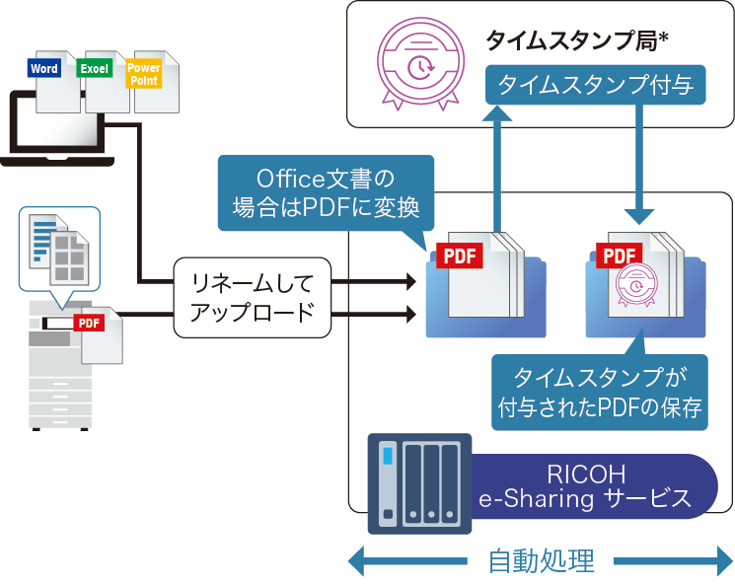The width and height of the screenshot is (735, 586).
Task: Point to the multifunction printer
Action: (x=59, y=365)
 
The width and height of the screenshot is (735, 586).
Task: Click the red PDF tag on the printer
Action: (x=90, y=323)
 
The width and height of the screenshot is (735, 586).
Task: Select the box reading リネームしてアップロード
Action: (x=251, y=299)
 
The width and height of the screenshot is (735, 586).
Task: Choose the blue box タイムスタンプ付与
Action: (x=595, y=87)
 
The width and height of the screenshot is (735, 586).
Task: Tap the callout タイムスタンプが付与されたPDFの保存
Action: (x=600, y=393)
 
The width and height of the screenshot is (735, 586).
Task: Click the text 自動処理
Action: (x=542, y=561)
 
